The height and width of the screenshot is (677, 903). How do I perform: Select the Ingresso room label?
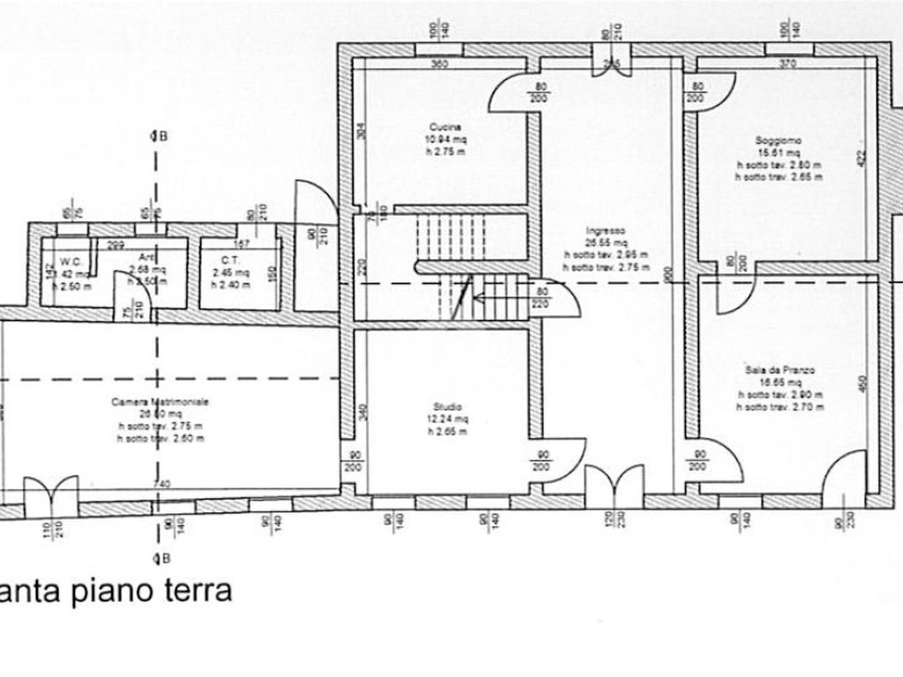click(x=606, y=231)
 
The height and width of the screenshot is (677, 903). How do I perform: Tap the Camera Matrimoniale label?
click(x=160, y=401)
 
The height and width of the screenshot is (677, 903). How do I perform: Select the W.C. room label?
click(x=71, y=261)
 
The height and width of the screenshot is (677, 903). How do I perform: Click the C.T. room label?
click(x=231, y=260)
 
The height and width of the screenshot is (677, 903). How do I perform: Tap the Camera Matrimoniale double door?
click(x=51, y=498)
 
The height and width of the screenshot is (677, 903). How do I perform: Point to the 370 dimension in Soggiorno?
click(x=787, y=63)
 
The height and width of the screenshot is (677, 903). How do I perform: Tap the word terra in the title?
click(x=196, y=590)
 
